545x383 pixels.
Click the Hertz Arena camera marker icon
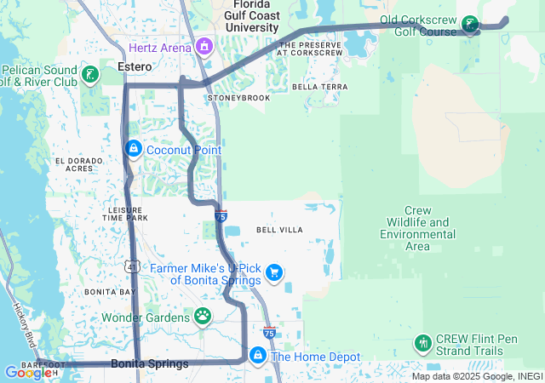point(204,45)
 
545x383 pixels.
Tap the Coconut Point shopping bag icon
point(133,150)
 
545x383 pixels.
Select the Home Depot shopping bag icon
point(256,354)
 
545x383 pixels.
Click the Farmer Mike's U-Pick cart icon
point(274,272)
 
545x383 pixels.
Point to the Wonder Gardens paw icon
point(203,317)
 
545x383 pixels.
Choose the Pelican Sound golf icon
point(90,75)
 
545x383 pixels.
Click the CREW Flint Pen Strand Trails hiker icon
point(422,344)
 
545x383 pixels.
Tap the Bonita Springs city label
point(150,364)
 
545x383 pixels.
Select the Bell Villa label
point(279,230)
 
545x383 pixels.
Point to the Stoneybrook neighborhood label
point(238,98)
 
